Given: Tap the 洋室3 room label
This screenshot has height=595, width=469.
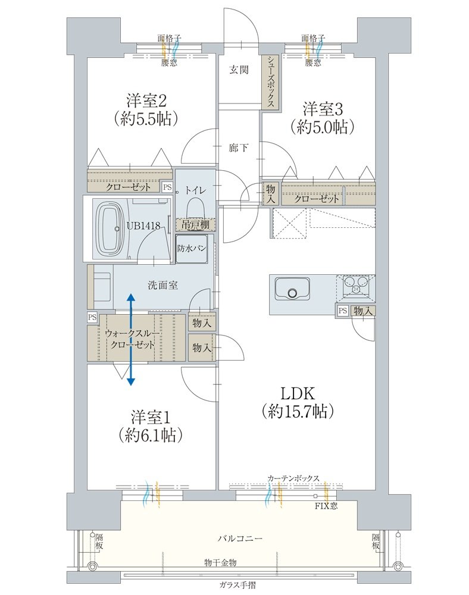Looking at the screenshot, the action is pos(323,109).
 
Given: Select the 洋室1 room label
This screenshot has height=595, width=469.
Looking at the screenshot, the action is pos(151,418).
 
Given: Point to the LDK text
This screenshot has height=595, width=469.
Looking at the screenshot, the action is pos(298,394).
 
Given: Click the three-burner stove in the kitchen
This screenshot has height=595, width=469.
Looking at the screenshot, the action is pos(357,285).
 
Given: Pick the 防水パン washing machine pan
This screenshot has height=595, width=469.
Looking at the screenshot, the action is pos(192,248).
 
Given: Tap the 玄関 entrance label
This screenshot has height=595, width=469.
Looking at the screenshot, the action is pos(239,70).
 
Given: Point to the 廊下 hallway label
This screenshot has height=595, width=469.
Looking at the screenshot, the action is pos(239,147).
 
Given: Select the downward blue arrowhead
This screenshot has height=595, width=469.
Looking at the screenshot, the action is pos(130,381).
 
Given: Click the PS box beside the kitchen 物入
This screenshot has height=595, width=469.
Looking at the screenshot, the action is pos(343,311).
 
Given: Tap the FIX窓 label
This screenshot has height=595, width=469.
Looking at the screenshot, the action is pos(326,506).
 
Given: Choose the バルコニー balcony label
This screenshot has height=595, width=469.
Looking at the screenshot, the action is pos(240,538).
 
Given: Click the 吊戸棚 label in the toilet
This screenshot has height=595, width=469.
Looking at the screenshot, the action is pos(195,225).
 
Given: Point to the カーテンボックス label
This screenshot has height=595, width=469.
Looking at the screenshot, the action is pos(293,478).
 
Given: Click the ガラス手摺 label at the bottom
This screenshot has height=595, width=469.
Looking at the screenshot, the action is pos(237,585).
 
